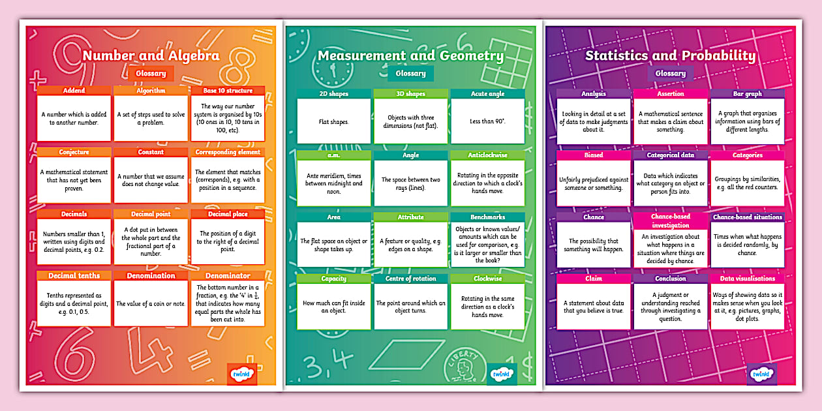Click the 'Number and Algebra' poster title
tap(151, 55)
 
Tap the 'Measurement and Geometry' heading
tap(410, 55)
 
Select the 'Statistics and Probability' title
tap(670, 55)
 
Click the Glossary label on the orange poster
tap(151, 74)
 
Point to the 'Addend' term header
tap(73, 91)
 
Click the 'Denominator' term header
tap(228, 275)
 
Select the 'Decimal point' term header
tap(151, 214)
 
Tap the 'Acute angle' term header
tap(487, 94)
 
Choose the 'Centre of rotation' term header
tap(410, 279)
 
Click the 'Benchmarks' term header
tap(487, 217)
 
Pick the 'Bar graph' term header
tap(747, 94)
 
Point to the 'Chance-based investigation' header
tap(670, 221)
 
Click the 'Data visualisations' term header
tap(747, 279)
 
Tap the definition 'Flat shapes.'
tap(334, 121)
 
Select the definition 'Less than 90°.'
tap(487, 121)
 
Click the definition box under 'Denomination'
tap(151, 303)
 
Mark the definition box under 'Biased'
tap(594, 183)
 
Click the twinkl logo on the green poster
tap(502, 374)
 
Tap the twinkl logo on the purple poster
tap(761, 374)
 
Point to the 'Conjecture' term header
tap(73, 152)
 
